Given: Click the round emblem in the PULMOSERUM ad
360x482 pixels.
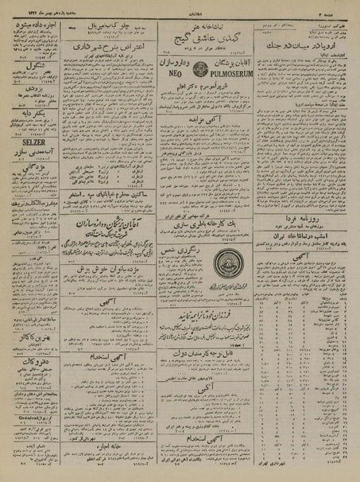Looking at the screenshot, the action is coord(187,63).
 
